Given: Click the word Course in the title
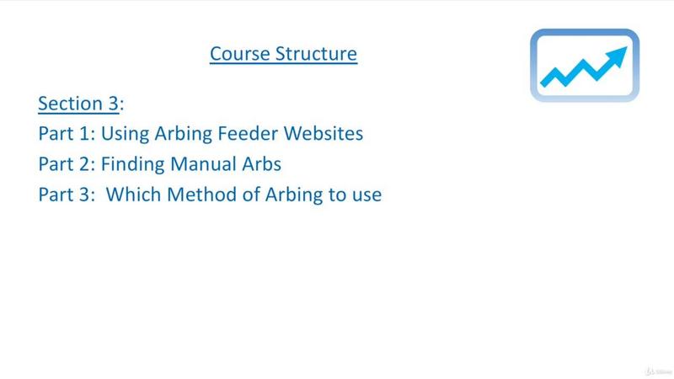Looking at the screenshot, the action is (240, 54).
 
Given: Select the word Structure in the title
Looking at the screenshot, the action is (317, 54).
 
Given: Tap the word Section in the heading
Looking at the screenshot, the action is (70, 104).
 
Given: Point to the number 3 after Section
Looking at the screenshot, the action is (113, 104).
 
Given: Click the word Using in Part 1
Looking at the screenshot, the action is (125, 134).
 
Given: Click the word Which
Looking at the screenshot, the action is (133, 195).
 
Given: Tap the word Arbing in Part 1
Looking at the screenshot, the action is (183, 134).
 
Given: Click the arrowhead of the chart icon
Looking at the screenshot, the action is (617, 56).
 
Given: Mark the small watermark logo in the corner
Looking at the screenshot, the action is (659, 371).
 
